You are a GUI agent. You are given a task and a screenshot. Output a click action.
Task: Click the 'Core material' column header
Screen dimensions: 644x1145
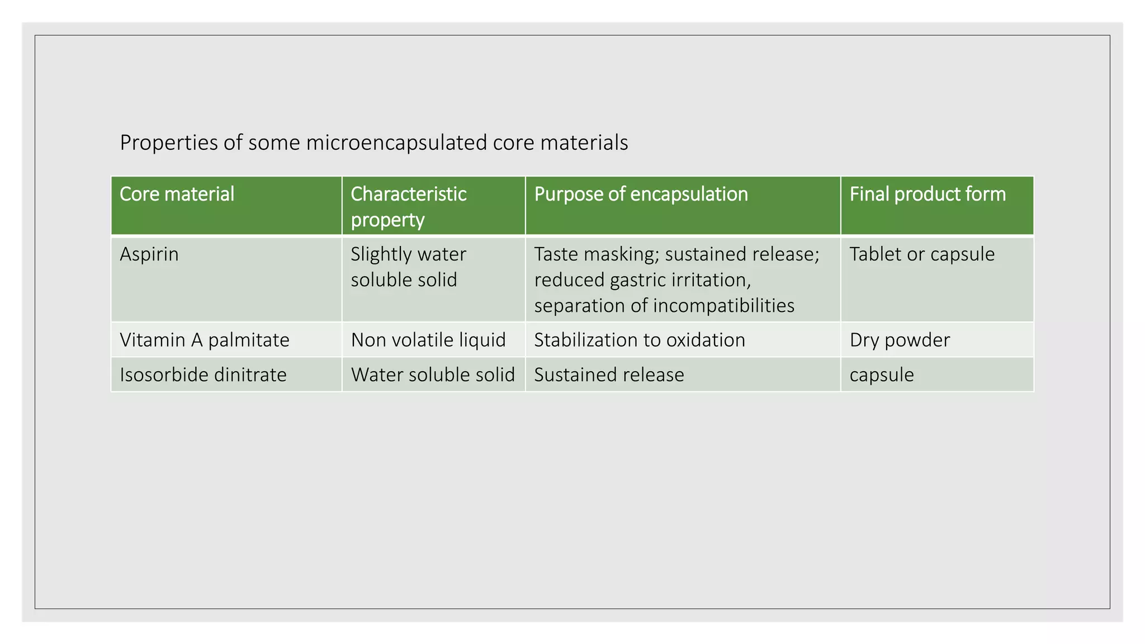pos(177,195)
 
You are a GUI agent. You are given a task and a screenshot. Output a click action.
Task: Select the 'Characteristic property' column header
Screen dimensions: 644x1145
pos(408,206)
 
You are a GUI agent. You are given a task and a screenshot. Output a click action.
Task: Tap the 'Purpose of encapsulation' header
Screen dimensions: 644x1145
pos(641,195)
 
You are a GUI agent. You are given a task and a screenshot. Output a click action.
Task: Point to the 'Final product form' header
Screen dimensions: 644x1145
pos(928,195)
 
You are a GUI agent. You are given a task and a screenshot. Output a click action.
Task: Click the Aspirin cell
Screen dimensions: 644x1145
pos(149,254)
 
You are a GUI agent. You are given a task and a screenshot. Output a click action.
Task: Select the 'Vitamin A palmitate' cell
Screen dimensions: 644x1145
pos(205,340)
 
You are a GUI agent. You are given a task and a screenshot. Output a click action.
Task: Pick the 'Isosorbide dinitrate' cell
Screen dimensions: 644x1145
pos(203,375)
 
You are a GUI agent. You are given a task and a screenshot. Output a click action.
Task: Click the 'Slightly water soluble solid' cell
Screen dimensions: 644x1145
pos(408,267)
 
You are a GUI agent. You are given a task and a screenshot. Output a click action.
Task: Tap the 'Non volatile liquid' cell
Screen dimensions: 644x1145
pos(428,340)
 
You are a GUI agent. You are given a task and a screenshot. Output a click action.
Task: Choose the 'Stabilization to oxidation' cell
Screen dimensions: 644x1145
pos(640,340)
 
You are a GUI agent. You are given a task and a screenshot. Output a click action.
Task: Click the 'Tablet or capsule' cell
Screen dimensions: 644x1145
pos(922,254)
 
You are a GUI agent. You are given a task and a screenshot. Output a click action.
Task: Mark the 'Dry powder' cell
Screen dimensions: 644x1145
pos(900,340)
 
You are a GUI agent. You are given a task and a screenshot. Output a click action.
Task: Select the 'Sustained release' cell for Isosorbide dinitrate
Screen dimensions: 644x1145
pos(609,375)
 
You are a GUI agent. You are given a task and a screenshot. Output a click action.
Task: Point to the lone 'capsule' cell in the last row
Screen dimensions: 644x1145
pos(882,375)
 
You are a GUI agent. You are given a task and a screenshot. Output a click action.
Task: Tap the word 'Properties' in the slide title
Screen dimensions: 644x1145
pos(169,143)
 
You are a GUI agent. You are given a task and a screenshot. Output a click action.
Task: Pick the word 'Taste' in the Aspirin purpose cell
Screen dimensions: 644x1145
pos(557,254)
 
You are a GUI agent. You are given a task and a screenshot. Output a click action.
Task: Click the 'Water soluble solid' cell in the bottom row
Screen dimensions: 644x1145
pos(433,375)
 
